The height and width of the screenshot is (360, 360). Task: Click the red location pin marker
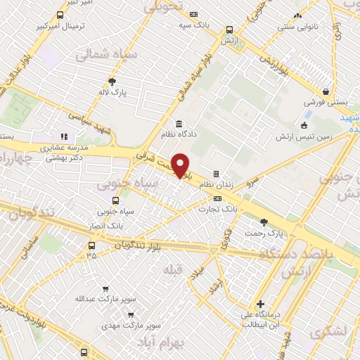coord(181,165)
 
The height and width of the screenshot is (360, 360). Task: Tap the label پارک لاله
coord(112,92)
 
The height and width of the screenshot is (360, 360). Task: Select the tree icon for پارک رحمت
coord(264,222)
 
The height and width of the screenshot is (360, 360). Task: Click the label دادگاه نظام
coord(179,134)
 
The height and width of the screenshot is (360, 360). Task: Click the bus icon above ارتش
coord(229,30)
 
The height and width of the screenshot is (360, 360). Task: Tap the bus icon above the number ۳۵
coord(92,245)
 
